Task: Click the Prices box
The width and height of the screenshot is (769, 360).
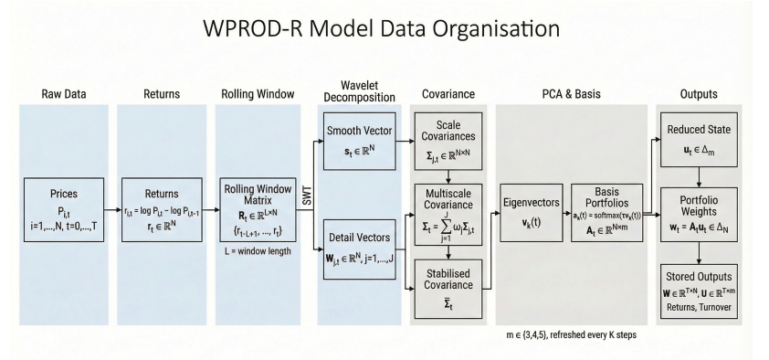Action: coord(64,210)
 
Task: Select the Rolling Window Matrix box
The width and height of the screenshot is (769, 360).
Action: coord(258,210)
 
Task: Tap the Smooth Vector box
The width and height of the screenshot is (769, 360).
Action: coord(360,142)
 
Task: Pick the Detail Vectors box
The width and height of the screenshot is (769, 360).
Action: coord(360,249)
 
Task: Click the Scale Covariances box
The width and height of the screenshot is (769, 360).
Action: coord(448,142)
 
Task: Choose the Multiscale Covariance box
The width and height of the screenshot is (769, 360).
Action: coord(448,215)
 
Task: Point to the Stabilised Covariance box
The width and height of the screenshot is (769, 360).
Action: coord(448,289)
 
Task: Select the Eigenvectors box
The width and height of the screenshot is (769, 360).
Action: coord(532,213)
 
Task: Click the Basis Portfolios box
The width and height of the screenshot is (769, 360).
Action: coord(606,213)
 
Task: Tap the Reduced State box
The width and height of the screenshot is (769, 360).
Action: coord(699,140)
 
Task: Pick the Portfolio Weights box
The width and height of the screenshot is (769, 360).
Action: coord(699,215)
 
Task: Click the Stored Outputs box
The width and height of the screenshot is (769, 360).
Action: coord(699,291)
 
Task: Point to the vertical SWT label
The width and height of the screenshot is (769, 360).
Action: coord(307,196)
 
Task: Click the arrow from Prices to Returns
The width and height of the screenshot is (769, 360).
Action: coord(113,210)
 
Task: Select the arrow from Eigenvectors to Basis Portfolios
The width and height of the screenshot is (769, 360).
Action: coord(567,213)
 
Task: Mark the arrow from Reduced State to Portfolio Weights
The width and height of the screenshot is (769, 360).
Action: coord(699,177)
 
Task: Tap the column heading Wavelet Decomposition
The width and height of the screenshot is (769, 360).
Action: coord(360,91)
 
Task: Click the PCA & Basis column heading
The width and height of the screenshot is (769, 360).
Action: coord(572,94)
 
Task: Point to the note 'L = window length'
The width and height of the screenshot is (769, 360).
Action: coord(258,251)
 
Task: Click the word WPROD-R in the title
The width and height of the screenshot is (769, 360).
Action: coord(253,28)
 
